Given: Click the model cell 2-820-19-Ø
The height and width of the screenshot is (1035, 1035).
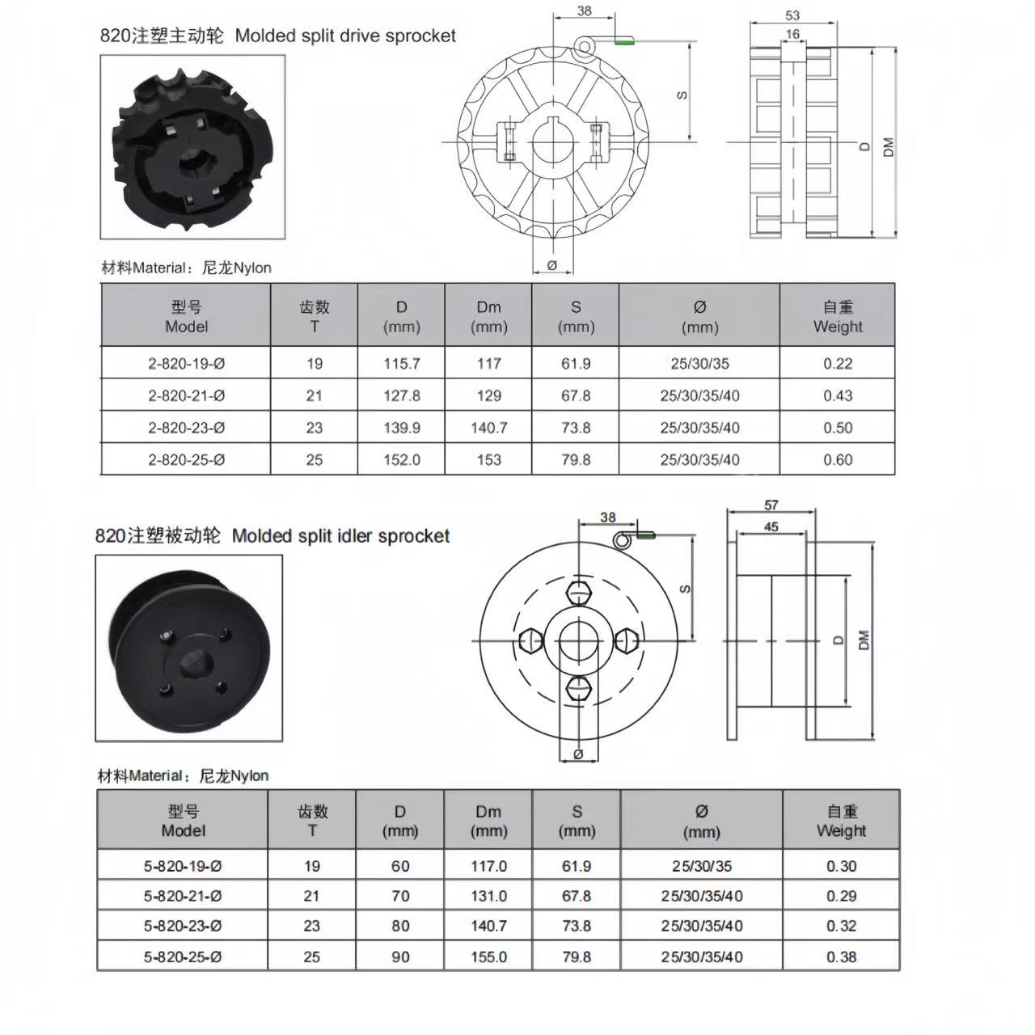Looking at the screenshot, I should pyautogui.click(x=186, y=364).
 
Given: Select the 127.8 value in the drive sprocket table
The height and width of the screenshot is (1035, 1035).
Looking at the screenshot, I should pyautogui.click(x=401, y=395).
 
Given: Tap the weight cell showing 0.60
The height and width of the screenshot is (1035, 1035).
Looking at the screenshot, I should pyautogui.click(x=838, y=459).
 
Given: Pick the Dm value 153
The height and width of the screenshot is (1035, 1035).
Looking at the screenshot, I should pyautogui.click(x=488, y=459).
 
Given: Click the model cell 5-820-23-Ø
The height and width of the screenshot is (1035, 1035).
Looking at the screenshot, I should pyautogui.click(x=183, y=926).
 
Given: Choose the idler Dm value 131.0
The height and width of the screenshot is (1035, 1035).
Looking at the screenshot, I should pyautogui.click(x=488, y=896).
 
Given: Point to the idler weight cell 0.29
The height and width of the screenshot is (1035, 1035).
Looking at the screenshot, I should pyautogui.click(x=841, y=896).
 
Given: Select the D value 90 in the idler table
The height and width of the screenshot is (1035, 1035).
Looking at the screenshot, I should pyautogui.click(x=400, y=957).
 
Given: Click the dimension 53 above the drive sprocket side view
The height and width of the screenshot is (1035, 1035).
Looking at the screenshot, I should pyautogui.click(x=792, y=15).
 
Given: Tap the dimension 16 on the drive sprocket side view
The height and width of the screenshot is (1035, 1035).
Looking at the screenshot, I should pyautogui.click(x=792, y=35).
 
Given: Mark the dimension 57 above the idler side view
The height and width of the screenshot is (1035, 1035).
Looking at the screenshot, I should pyautogui.click(x=771, y=505).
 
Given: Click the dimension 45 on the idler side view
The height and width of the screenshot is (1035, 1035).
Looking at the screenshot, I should pyautogui.click(x=771, y=527).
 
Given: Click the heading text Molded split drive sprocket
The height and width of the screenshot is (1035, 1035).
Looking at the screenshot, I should pyautogui.click(x=345, y=36).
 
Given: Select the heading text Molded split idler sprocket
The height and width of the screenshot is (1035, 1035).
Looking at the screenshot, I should pyautogui.click(x=340, y=536).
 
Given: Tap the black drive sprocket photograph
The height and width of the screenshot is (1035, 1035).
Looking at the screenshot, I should pyautogui.click(x=192, y=146).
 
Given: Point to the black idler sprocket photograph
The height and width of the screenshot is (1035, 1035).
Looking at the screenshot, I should pyautogui.click(x=189, y=647).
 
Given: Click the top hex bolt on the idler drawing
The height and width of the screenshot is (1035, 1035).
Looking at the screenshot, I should pyautogui.click(x=580, y=593).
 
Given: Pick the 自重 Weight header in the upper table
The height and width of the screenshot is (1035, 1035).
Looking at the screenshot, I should pyautogui.click(x=838, y=316).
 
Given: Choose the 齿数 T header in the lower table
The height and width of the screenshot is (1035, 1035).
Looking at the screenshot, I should pyautogui.click(x=312, y=820).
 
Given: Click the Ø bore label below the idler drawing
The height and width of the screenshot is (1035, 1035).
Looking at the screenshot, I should pyautogui.click(x=578, y=754).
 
